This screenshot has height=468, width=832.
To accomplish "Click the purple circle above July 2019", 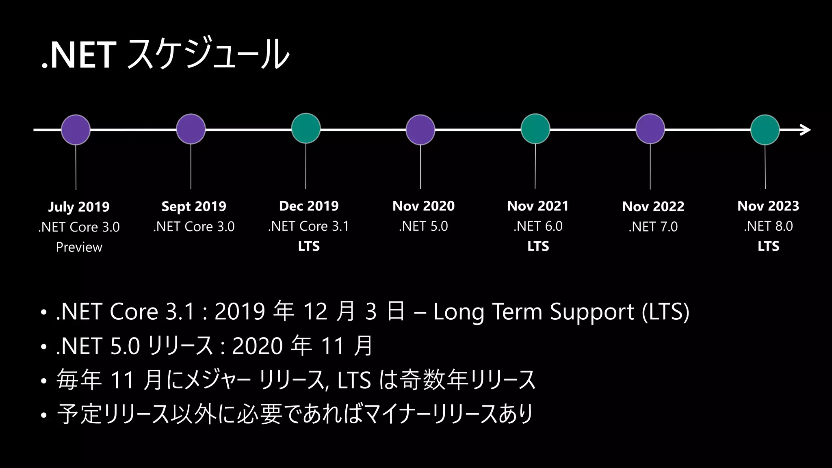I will pos(76,130).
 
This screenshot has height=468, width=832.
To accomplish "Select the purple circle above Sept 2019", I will pos(191,129).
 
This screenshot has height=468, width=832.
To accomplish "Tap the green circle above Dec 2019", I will pos(306,128).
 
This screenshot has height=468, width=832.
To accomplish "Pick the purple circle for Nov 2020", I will pos(420,130).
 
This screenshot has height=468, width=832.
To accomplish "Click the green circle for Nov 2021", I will pos(535,129).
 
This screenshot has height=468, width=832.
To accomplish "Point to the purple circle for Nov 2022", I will pos(650,129).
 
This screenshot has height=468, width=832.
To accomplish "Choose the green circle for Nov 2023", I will pos(765,130).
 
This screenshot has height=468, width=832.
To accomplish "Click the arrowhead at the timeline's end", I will pos(806,130).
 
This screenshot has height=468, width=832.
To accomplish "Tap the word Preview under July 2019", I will pos(79,247).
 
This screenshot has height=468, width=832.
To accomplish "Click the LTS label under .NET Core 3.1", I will pos(309,246).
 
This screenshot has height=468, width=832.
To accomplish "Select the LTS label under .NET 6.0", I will pos(538,246).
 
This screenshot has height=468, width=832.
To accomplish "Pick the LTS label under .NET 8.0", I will pos(768,246).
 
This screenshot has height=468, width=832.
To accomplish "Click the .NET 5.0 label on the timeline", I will pos(423,226).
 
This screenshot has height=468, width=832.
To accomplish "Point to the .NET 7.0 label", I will pos(653,227).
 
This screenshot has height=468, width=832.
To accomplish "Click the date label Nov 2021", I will pos(537,206).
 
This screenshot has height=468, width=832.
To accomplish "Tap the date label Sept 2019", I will pos(194,206).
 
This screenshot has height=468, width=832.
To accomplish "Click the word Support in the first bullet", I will pos(591,312).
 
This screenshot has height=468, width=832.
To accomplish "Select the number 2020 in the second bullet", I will pos(257,346).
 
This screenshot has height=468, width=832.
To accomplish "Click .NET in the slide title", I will pos(79,55).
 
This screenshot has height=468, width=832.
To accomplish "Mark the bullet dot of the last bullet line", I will pos(44,416).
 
